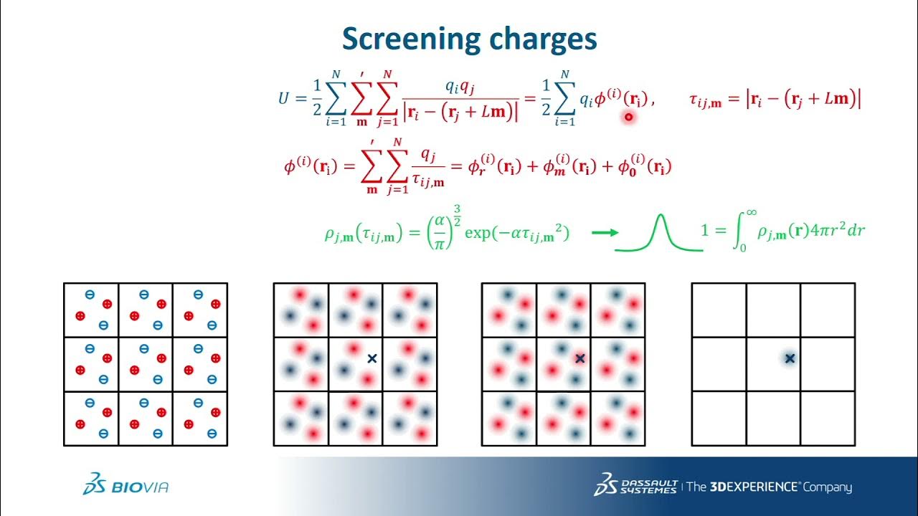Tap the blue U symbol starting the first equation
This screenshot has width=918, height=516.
[x=283, y=98]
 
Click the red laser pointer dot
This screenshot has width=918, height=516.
[x=629, y=116]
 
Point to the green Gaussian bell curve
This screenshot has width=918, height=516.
[x=658, y=234]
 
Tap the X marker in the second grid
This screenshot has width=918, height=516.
[x=372, y=358]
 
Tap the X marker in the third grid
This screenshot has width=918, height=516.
[x=580, y=358]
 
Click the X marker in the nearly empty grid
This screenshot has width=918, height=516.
[x=790, y=358]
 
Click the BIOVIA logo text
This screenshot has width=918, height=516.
[x=140, y=487]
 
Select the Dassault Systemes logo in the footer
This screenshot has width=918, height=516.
[x=635, y=485]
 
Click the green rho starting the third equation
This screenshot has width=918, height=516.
[x=331, y=234]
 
